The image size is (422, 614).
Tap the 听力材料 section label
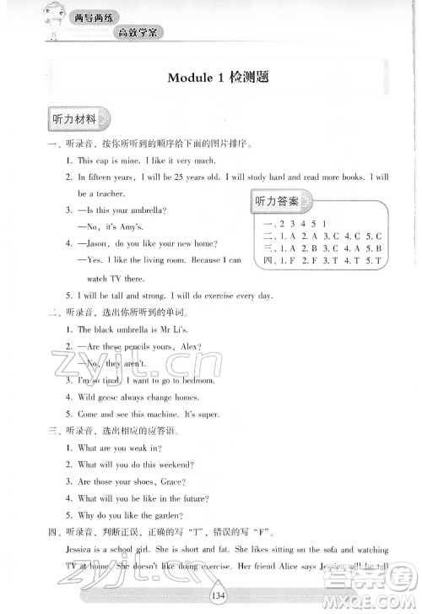[x=74, y=119]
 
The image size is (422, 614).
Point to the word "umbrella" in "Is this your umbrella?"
[x=149, y=210]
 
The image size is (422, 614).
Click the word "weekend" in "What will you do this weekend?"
[x=176, y=465]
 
